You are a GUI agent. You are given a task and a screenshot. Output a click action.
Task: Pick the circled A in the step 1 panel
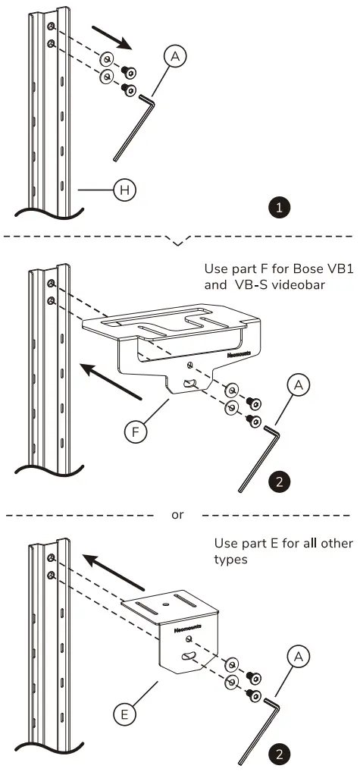(175, 56)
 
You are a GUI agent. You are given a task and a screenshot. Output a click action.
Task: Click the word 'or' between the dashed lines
(177, 515)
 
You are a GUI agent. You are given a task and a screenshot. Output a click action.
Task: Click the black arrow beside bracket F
(114, 378)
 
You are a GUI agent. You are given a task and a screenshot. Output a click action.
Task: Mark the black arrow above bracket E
(113, 571)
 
